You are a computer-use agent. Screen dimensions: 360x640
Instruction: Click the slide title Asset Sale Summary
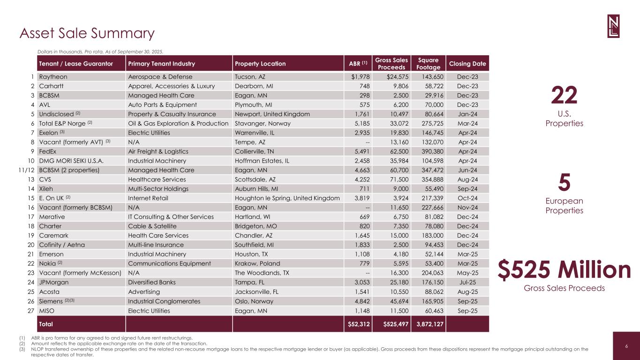[87, 33]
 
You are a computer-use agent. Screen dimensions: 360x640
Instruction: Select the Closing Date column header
[467, 64]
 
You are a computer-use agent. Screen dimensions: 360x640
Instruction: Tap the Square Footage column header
[429, 64]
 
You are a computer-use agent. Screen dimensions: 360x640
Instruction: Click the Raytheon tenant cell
[53, 77]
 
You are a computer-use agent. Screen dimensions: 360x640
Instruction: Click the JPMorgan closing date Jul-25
[467, 282]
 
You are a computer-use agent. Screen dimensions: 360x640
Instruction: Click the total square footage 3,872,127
[428, 324]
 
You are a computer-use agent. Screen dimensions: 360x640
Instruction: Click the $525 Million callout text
[564, 270]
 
